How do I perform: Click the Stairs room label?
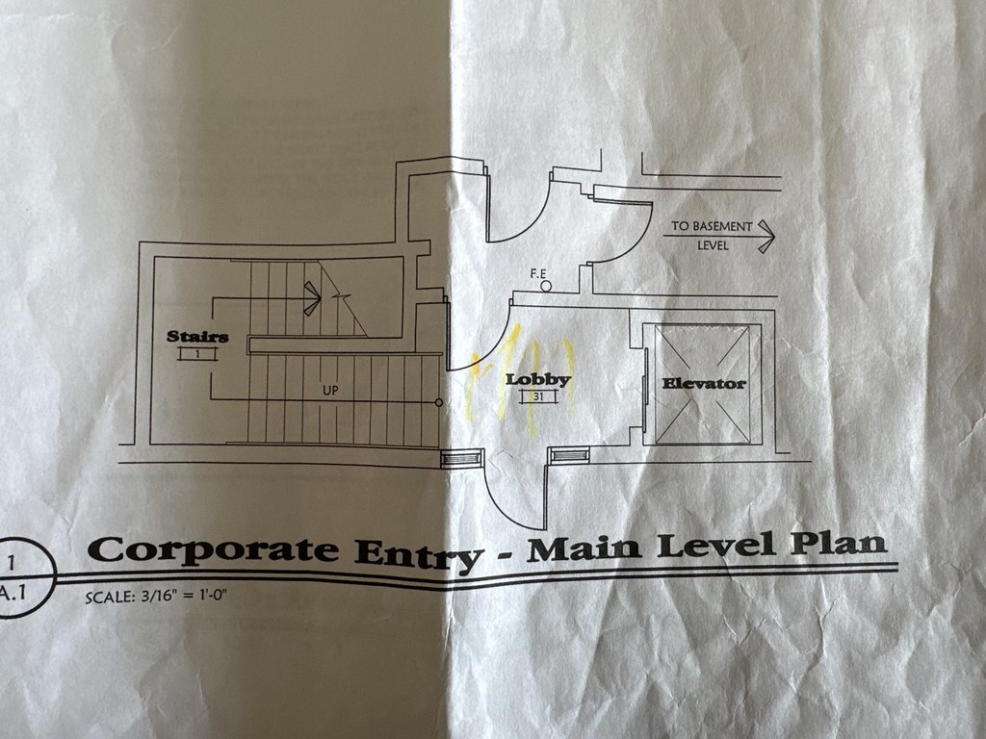pos(197,336)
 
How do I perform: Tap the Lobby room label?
pos(538,379)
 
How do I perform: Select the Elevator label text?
pos(704,383)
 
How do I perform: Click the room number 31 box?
pos(537,396)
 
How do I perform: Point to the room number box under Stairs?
pos(197,354)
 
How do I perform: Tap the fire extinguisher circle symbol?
pos(546,285)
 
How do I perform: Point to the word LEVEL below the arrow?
pos(713,246)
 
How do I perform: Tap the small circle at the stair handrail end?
pos(439,402)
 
